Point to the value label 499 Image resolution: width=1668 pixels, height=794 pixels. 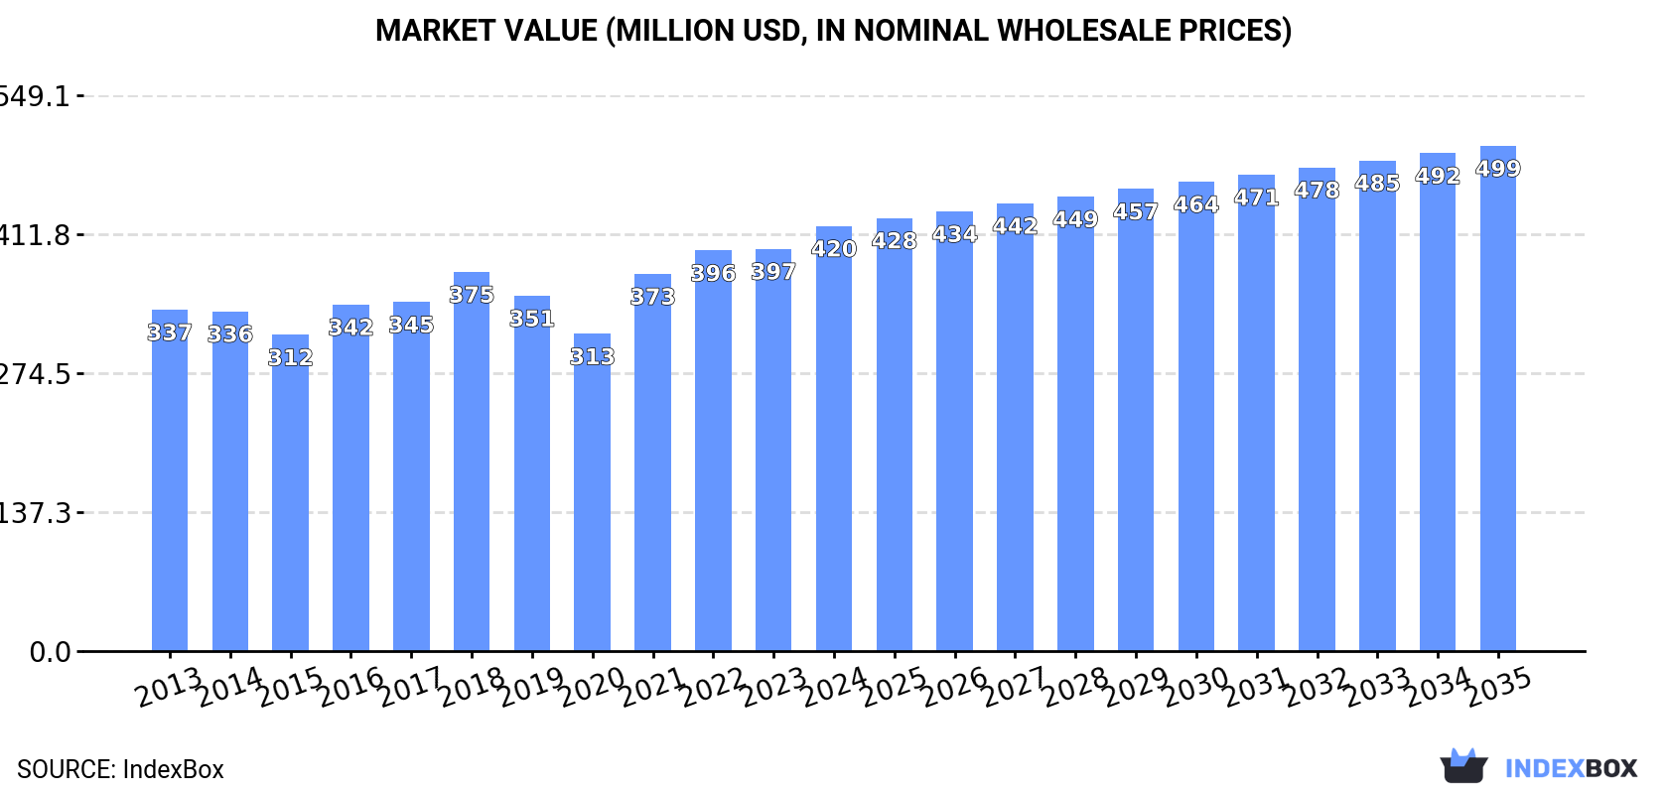tap(1497, 169)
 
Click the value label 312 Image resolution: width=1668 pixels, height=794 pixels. tap(290, 357)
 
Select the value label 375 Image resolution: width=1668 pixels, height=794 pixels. tap(472, 295)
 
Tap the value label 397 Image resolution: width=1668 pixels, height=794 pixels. tap(773, 272)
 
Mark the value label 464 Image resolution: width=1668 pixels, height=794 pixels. tap(1195, 204)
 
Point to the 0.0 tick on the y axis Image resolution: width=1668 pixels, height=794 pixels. tap(50, 652)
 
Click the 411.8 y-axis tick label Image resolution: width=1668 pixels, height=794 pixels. tap(36, 235)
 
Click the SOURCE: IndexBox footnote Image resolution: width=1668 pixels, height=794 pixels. tap(120, 769)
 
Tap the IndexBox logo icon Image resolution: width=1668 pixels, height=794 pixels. tap(1463, 766)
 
